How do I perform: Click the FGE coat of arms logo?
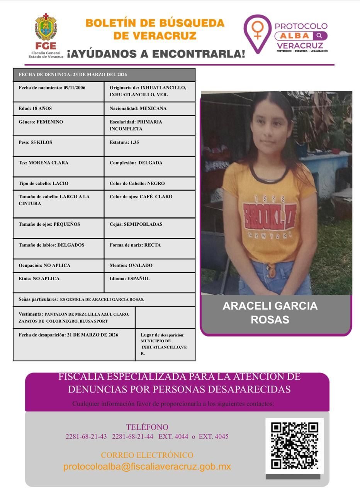coord(46,28)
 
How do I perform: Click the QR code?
coord(294,446)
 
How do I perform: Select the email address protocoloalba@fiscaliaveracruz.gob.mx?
coord(147,466)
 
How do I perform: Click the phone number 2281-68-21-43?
coord(86,436)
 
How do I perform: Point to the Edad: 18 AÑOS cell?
coord(58,108)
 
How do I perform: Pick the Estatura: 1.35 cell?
coord(149,146)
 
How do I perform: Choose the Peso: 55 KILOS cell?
coord(58,146)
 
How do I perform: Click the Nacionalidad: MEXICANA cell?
coord(149,108)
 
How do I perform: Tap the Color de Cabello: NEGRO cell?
coord(149,183)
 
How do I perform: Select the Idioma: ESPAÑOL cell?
coord(149,282)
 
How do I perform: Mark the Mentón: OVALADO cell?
coord(149,266)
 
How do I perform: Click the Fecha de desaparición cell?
coord(74,344)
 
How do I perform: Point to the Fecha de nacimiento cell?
coord(58,91)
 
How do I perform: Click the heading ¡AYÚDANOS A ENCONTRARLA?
coord(156,54)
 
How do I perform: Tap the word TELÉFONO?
coord(147,427)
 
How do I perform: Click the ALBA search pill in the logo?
coord(301,36)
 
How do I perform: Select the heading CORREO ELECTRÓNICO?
coord(147,455)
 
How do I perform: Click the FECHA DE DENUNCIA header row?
coord(104,74)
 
